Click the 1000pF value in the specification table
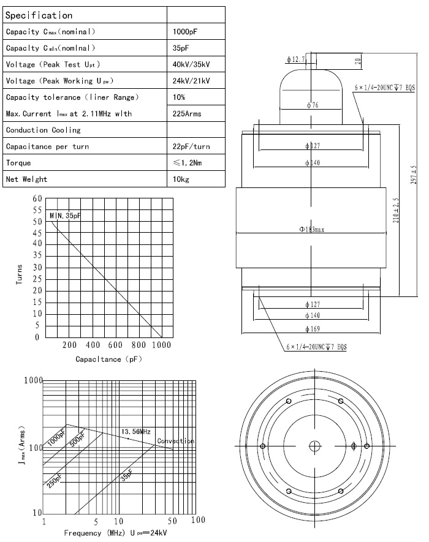183,31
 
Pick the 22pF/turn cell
191,146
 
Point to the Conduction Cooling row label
43,130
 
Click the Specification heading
39,15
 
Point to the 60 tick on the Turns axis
37,199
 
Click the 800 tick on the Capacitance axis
139,345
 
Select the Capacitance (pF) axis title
108,359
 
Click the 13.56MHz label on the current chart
135,432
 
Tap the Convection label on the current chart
175,441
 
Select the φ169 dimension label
314,328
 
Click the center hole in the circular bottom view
314,445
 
